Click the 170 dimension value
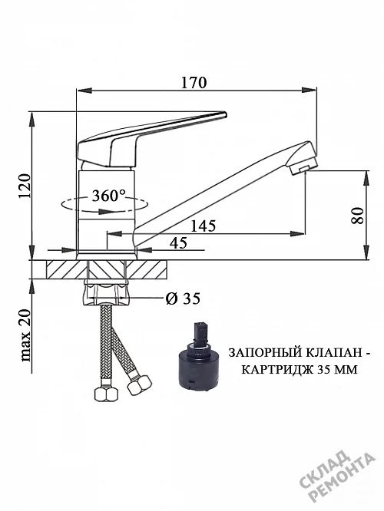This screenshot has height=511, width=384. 194,82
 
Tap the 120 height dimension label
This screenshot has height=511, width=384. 25,186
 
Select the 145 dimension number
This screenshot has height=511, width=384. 203,226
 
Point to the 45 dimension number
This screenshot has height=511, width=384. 178,242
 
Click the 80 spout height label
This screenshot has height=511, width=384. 357,216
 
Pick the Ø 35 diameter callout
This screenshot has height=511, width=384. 183,298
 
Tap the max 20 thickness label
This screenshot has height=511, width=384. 25,335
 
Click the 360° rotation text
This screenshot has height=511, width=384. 108,196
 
